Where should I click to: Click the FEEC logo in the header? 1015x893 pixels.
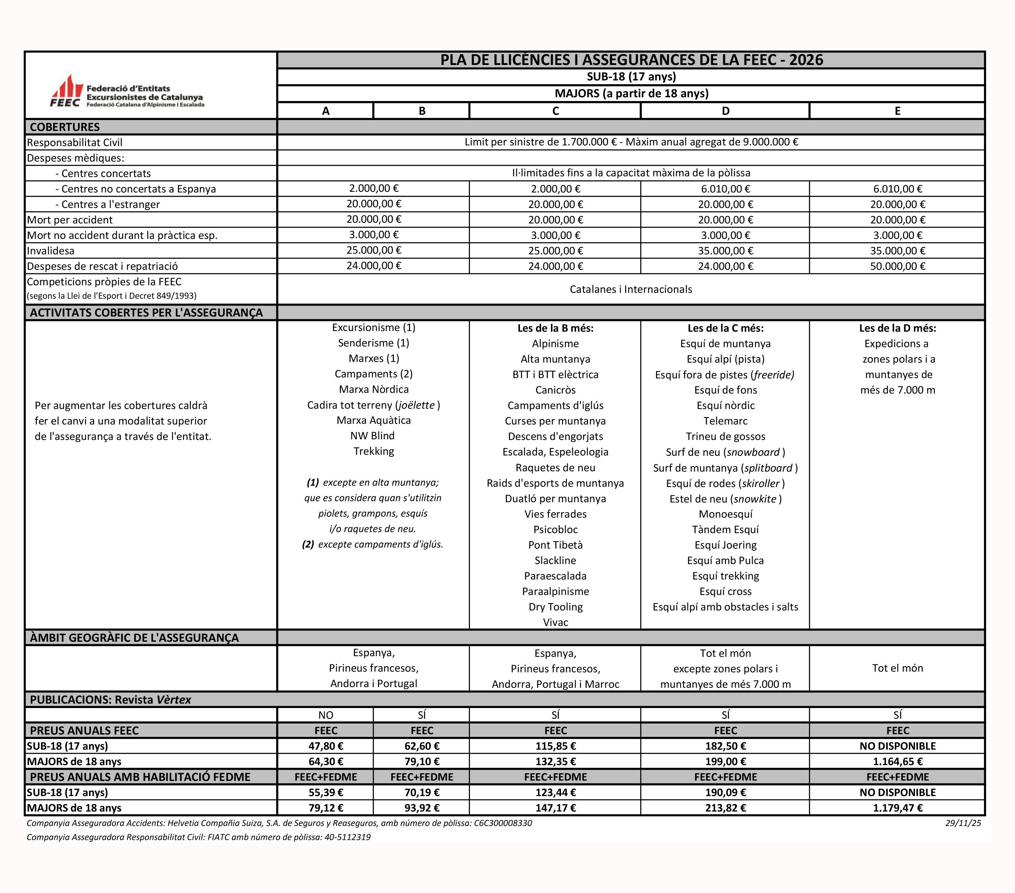pyautogui.click(x=126, y=92)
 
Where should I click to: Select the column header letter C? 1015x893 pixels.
pyautogui.click(x=555, y=111)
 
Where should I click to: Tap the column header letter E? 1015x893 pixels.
pyautogui.click(x=897, y=111)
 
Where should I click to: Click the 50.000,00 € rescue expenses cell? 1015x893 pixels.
pyautogui.click(x=897, y=266)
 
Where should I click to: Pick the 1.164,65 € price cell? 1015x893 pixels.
pyautogui.click(x=897, y=761)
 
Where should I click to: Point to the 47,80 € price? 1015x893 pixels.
pyautogui.click(x=326, y=746)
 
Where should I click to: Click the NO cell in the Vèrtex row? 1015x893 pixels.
pyautogui.click(x=326, y=715)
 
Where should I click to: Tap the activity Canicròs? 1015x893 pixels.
pyautogui.click(x=555, y=390)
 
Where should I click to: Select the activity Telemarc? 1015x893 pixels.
pyautogui.click(x=725, y=421)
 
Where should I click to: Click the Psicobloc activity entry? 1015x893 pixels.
pyautogui.click(x=555, y=529)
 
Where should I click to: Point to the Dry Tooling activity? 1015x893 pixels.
pyautogui.click(x=555, y=607)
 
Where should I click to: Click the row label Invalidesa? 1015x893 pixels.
pyautogui.click(x=51, y=251)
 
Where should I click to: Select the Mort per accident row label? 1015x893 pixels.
pyautogui.click(x=69, y=220)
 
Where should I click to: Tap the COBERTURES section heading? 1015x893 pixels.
pyautogui.click(x=65, y=127)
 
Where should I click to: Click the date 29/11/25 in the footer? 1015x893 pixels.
pyautogui.click(x=963, y=823)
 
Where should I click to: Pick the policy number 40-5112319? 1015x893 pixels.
pyautogui.click(x=347, y=837)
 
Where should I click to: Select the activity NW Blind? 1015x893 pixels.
pyautogui.click(x=373, y=436)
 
